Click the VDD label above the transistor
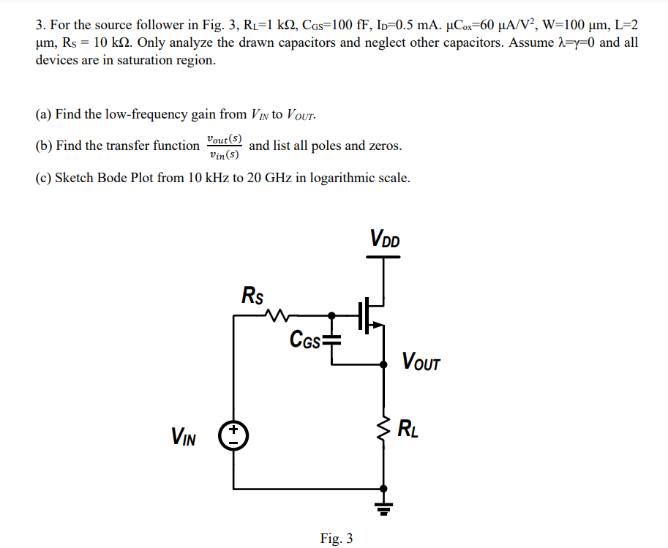pyautogui.click(x=385, y=239)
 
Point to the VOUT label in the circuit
pyautogui.click(x=421, y=361)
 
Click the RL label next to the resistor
pyautogui.click(x=408, y=429)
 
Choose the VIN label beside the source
pyautogui.click(x=183, y=437)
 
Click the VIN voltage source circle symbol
pyautogui.click(x=234, y=437)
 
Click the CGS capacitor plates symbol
pyautogui.click(x=333, y=338)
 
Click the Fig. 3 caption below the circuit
pyautogui.click(x=337, y=538)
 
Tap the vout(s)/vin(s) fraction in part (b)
pyautogui.click(x=224, y=146)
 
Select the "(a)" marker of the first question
pyautogui.click(x=44, y=114)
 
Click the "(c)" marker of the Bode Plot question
pyautogui.click(x=44, y=178)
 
